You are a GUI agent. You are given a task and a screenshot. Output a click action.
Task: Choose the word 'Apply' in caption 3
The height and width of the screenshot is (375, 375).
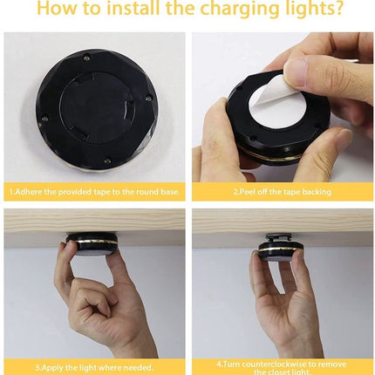(44, 365)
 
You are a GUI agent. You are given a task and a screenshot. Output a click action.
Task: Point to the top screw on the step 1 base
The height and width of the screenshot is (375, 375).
(86, 57)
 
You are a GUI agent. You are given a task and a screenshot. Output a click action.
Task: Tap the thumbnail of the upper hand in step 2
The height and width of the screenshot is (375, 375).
(297, 69)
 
